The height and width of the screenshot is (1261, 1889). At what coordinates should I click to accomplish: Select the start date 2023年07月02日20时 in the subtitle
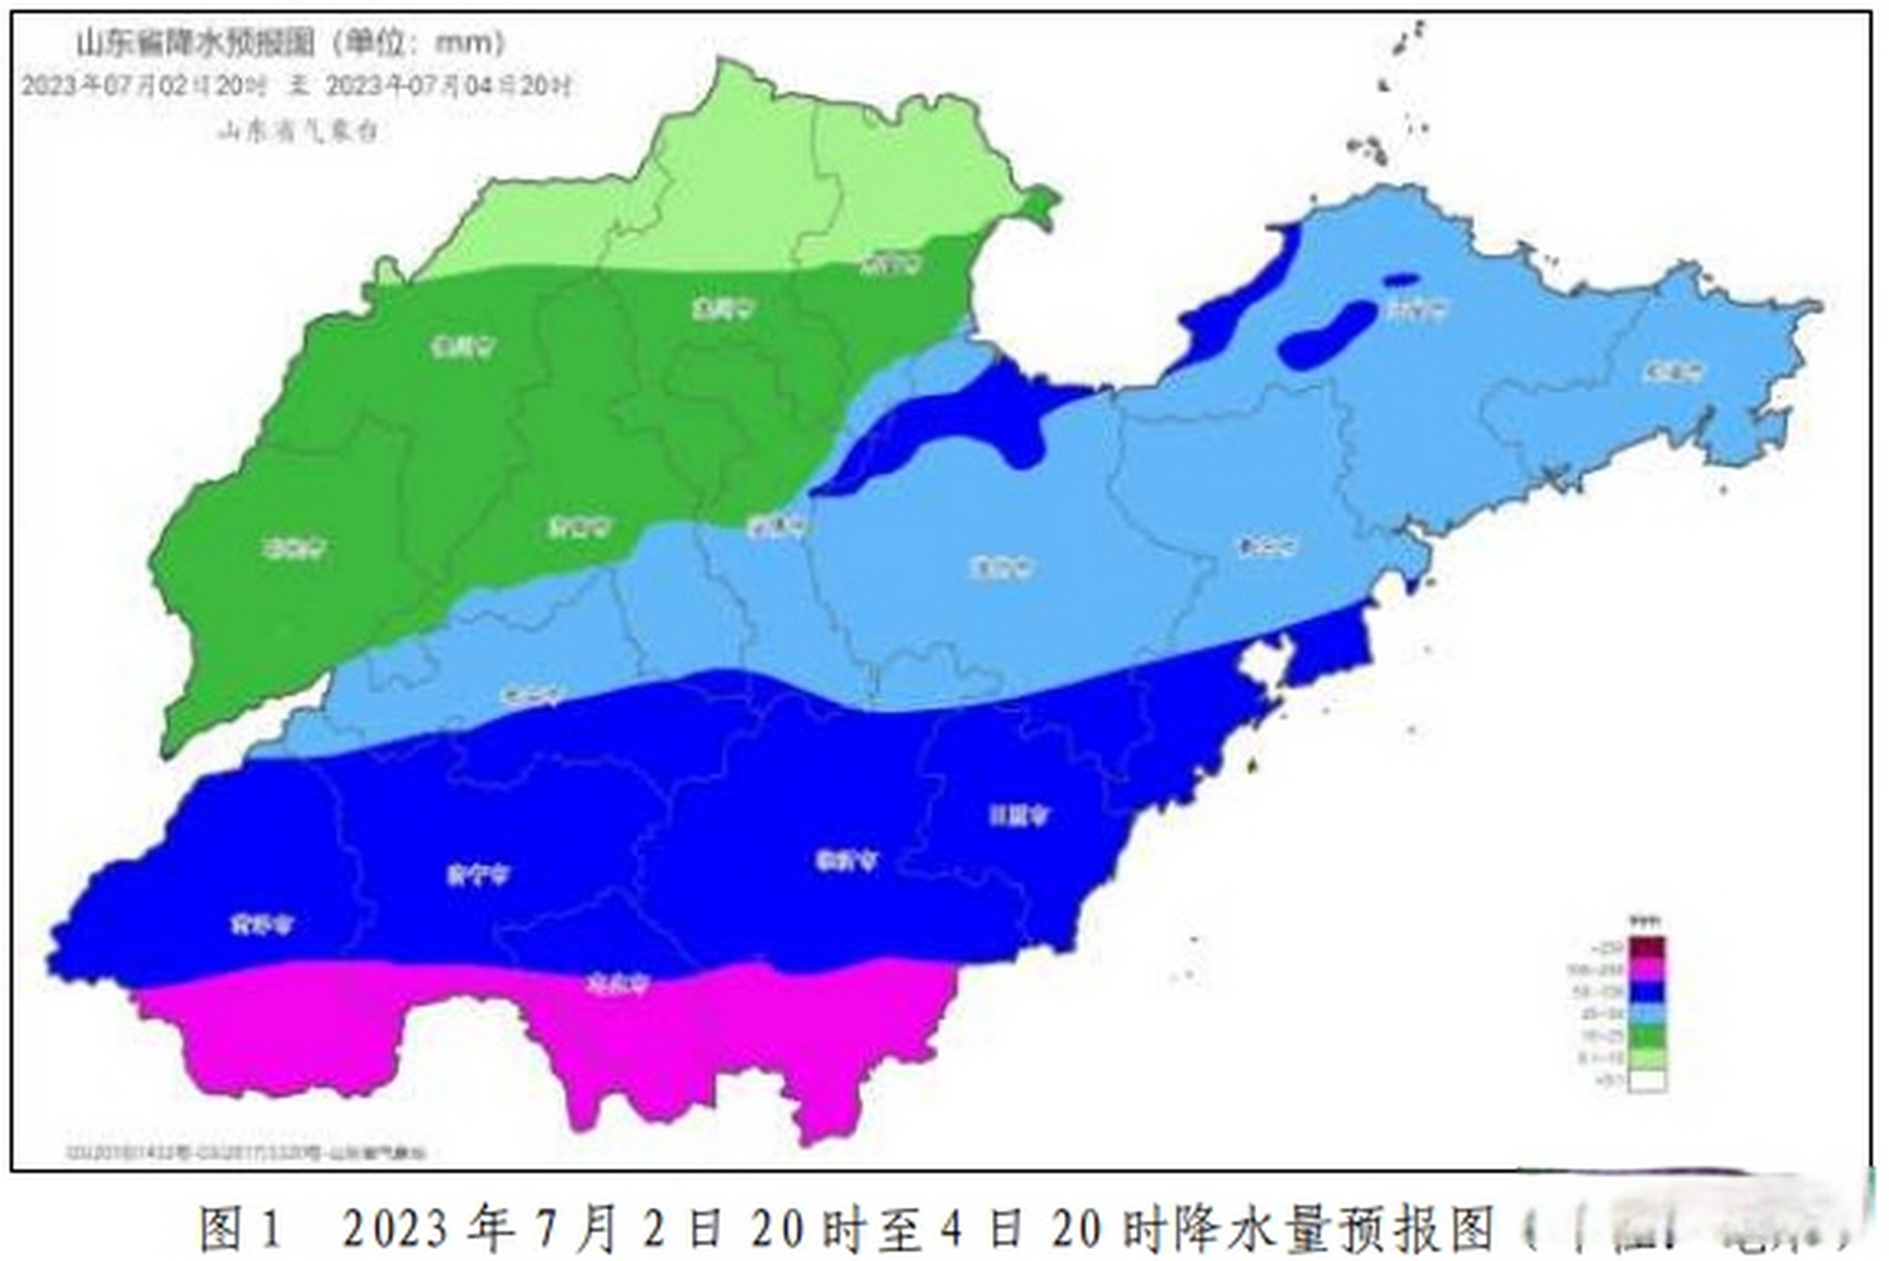[x=145, y=86]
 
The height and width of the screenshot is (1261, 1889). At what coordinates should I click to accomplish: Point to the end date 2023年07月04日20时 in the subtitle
[x=448, y=86]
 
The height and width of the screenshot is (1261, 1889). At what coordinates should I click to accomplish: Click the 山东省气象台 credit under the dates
[x=298, y=131]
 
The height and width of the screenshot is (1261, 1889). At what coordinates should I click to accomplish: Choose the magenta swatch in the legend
[x=1647, y=971]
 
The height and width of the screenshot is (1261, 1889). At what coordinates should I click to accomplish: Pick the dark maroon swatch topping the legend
[x=1647, y=948]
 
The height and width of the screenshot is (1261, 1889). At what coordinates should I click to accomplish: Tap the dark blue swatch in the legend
[x=1647, y=992]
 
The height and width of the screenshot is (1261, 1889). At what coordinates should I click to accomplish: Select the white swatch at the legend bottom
[x=1647, y=1081]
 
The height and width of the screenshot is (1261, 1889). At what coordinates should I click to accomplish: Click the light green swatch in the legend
[x=1647, y=1058]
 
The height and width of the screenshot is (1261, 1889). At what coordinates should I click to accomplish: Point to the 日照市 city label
[x=1020, y=815]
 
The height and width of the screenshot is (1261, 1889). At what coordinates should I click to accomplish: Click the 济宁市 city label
[x=479, y=874]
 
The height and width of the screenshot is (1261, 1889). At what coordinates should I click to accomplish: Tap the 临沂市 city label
[x=846, y=860]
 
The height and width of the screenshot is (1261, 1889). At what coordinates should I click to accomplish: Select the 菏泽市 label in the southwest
[x=262, y=924]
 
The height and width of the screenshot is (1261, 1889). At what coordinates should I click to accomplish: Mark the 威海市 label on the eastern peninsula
[x=1673, y=372]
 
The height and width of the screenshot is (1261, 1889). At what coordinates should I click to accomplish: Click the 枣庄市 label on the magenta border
[x=618, y=983]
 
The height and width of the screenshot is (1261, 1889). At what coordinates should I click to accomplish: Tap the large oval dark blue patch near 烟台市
[x=1327, y=335]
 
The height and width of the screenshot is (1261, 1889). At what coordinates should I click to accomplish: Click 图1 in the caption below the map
[x=241, y=1228]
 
